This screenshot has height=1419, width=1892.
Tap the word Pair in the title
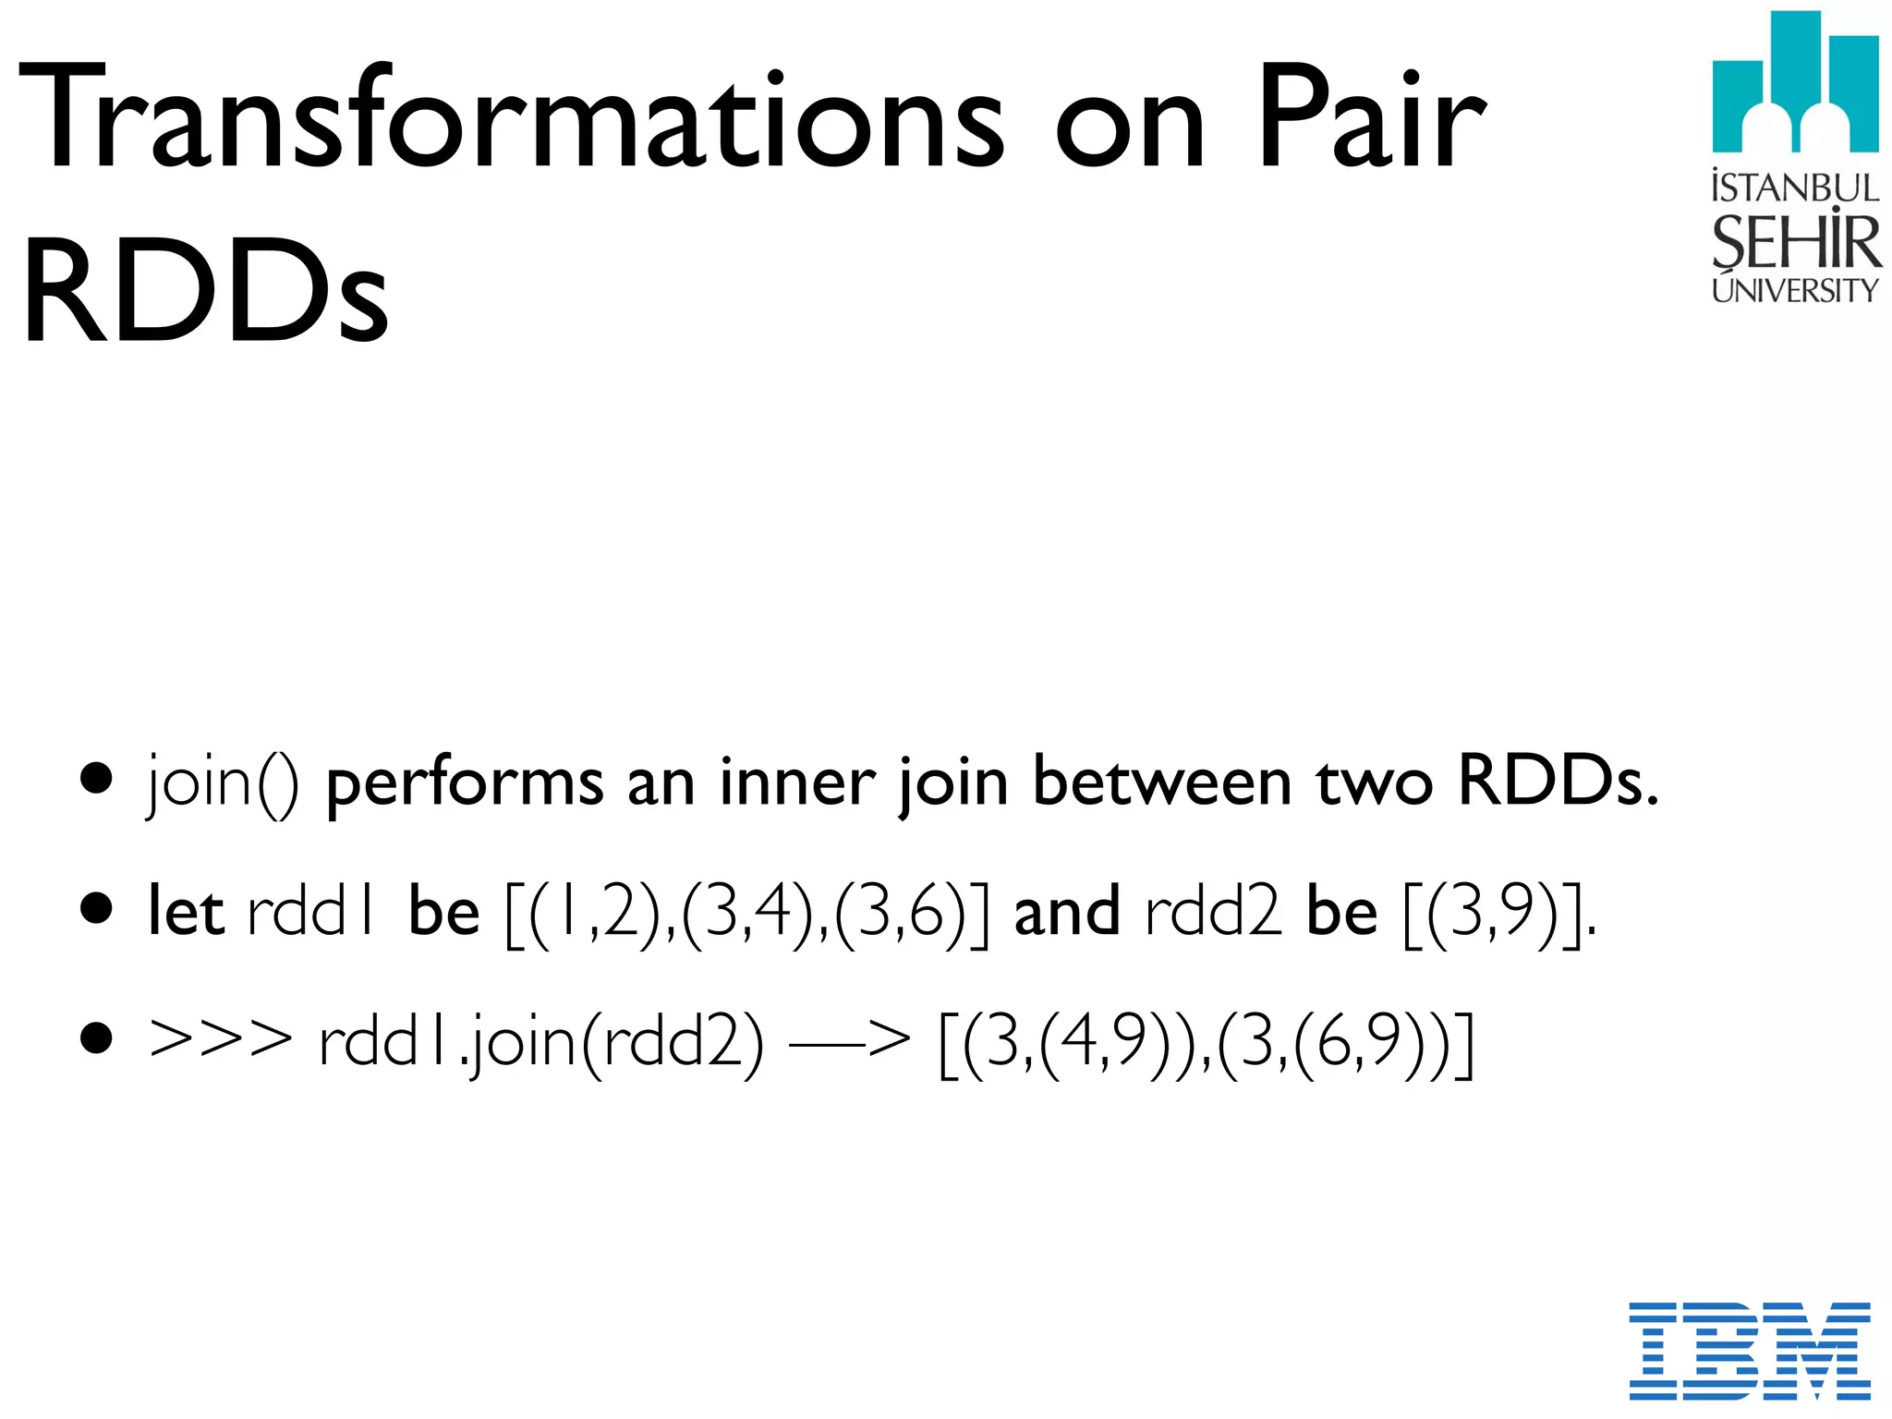tap(1371, 118)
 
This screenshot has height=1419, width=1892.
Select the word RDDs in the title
tap(205, 290)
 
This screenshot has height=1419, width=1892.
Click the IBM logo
tap(1749, 1350)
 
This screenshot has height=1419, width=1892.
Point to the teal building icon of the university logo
tap(1795, 83)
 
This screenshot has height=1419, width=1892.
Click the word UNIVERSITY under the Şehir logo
tap(1795, 290)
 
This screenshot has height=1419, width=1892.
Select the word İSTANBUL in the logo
tap(1795, 188)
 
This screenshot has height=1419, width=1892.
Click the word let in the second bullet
tap(186, 912)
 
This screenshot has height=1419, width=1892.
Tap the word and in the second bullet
tap(1067, 912)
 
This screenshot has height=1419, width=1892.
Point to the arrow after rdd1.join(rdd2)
tap(849, 1041)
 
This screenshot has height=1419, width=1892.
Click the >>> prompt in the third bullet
tap(220, 1041)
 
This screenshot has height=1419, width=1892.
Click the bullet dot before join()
tap(96, 778)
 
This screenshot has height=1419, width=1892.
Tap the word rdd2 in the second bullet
tap(1212, 912)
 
